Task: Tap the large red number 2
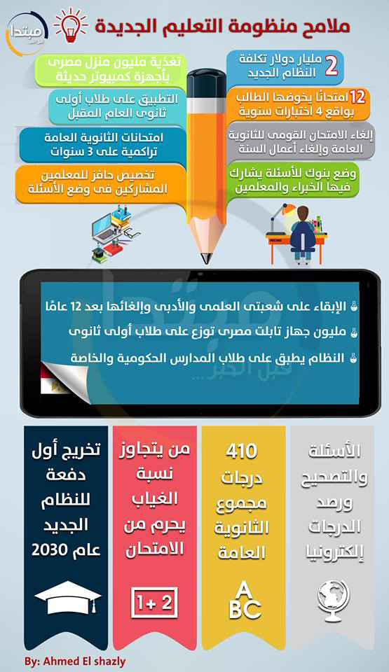point(331,64)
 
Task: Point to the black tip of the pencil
point(207,258)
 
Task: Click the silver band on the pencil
point(207,104)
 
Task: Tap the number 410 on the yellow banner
point(242,451)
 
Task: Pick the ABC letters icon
point(244,600)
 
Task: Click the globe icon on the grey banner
point(334,598)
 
